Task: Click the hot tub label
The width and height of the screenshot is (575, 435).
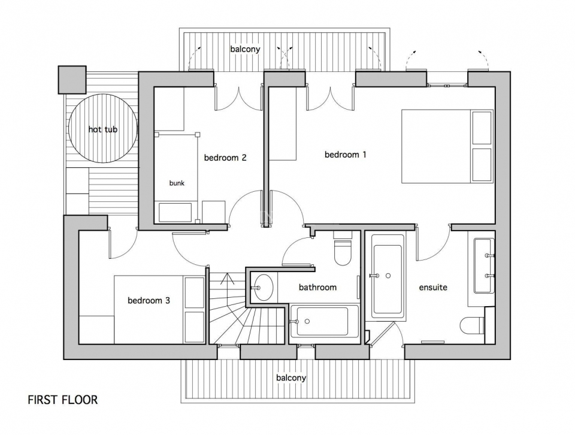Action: (102, 129)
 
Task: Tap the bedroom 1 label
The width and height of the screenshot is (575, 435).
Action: (345, 155)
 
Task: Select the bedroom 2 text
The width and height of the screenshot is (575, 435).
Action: (225, 158)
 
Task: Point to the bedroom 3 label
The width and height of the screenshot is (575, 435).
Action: (149, 300)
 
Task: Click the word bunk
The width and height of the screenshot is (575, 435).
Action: (177, 183)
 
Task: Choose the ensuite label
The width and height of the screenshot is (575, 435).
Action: (433, 288)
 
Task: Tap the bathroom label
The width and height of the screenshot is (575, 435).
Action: (317, 288)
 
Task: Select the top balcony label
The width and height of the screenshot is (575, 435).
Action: (245, 49)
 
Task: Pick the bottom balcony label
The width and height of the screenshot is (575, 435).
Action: (291, 378)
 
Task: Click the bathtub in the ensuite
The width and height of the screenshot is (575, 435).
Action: (387, 276)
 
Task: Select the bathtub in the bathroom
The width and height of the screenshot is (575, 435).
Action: (324, 321)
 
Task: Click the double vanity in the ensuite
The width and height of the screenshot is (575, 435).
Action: (483, 266)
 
